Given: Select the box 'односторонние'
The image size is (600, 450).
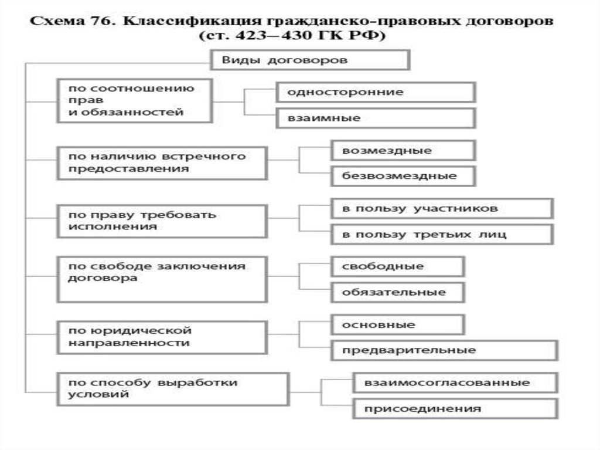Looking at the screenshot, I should pyautogui.click(x=376, y=92).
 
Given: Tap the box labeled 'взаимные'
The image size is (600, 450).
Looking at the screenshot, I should pyautogui.click(x=376, y=118).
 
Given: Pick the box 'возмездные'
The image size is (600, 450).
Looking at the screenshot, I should pyautogui.click(x=403, y=150).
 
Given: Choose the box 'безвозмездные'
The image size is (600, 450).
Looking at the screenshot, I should pyautogui.click(x=403, y=175).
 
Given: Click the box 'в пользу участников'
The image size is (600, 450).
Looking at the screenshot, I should pyautogui.click(x=441, y=208).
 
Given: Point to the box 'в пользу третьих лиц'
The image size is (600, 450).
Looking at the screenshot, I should pyautogui.click(x=441, y=234).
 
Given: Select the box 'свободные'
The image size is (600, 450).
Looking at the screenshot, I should pyautogui.click(x=397, y=266).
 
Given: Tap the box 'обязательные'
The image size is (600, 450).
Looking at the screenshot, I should pyautogui.click(x=397, y=292).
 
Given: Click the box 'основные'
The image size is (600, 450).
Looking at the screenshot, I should pyautogui.click(x=397, y=324).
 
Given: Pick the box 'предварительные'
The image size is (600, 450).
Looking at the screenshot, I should pyautogui.click(x=444, y=350).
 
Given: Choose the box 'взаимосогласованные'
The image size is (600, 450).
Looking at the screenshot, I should pyautogui.click(x=455, y=383).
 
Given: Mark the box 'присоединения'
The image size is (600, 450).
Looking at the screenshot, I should pyautogui.click(x=455, y=408).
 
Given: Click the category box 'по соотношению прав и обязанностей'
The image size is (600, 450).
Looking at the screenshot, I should pyautogui.click(x=134, y=100).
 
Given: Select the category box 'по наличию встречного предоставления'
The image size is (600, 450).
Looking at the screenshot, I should pyautogui.click(x=162, y=163).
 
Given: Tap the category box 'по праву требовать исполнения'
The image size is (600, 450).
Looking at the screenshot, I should pyautogui.click(x=162, y=221).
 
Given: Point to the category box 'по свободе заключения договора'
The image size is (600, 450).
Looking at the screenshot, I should pyautogui.click(x=162, y=279).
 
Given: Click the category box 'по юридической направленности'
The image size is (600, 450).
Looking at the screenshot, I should pyautogui.click(x=162, y=337).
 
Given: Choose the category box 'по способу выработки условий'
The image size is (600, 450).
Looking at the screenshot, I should pyautogui.click(x=173, y=388).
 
